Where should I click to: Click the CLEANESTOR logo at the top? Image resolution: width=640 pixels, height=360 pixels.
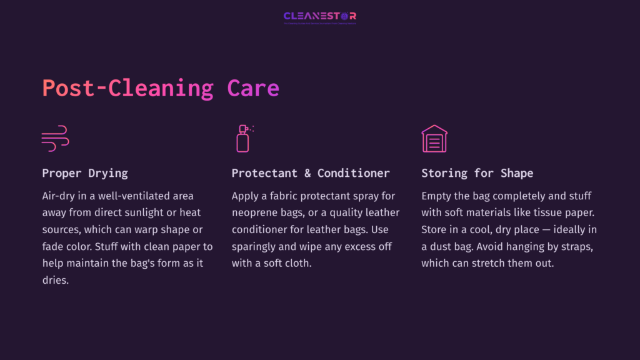(x=319, y=16)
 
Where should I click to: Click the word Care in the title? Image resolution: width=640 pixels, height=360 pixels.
(x=253, y=88)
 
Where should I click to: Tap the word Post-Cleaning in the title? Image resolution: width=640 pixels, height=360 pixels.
(x=127, y=88)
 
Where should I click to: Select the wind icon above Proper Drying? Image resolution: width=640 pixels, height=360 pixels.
(x=55, y=138)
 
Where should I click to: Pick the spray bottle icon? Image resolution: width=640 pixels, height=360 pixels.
(x=243, y=138)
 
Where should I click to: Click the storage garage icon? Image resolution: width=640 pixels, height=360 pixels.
(x=434, y=138)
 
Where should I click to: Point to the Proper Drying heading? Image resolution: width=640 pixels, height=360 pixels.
(x=85, y=173)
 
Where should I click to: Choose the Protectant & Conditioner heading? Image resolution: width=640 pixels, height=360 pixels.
(x=311, y=173)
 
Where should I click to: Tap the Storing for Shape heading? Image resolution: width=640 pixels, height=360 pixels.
(x=477, y=173)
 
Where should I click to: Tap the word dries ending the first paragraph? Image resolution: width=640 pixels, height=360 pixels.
(x=55, y=281)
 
